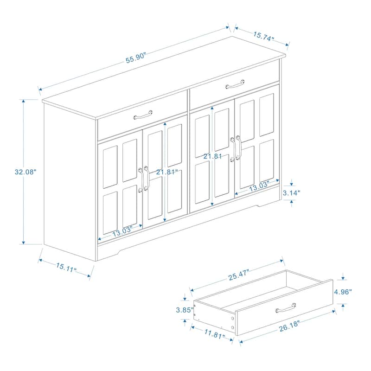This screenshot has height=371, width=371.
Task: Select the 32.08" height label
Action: click(26, 171)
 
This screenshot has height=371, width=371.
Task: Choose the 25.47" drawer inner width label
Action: click(238, 273)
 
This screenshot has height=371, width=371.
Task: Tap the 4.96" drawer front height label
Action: click(343, 292)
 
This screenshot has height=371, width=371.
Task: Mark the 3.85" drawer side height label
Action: click(184, 310)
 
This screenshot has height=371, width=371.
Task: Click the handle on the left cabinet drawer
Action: click(143, 114)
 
